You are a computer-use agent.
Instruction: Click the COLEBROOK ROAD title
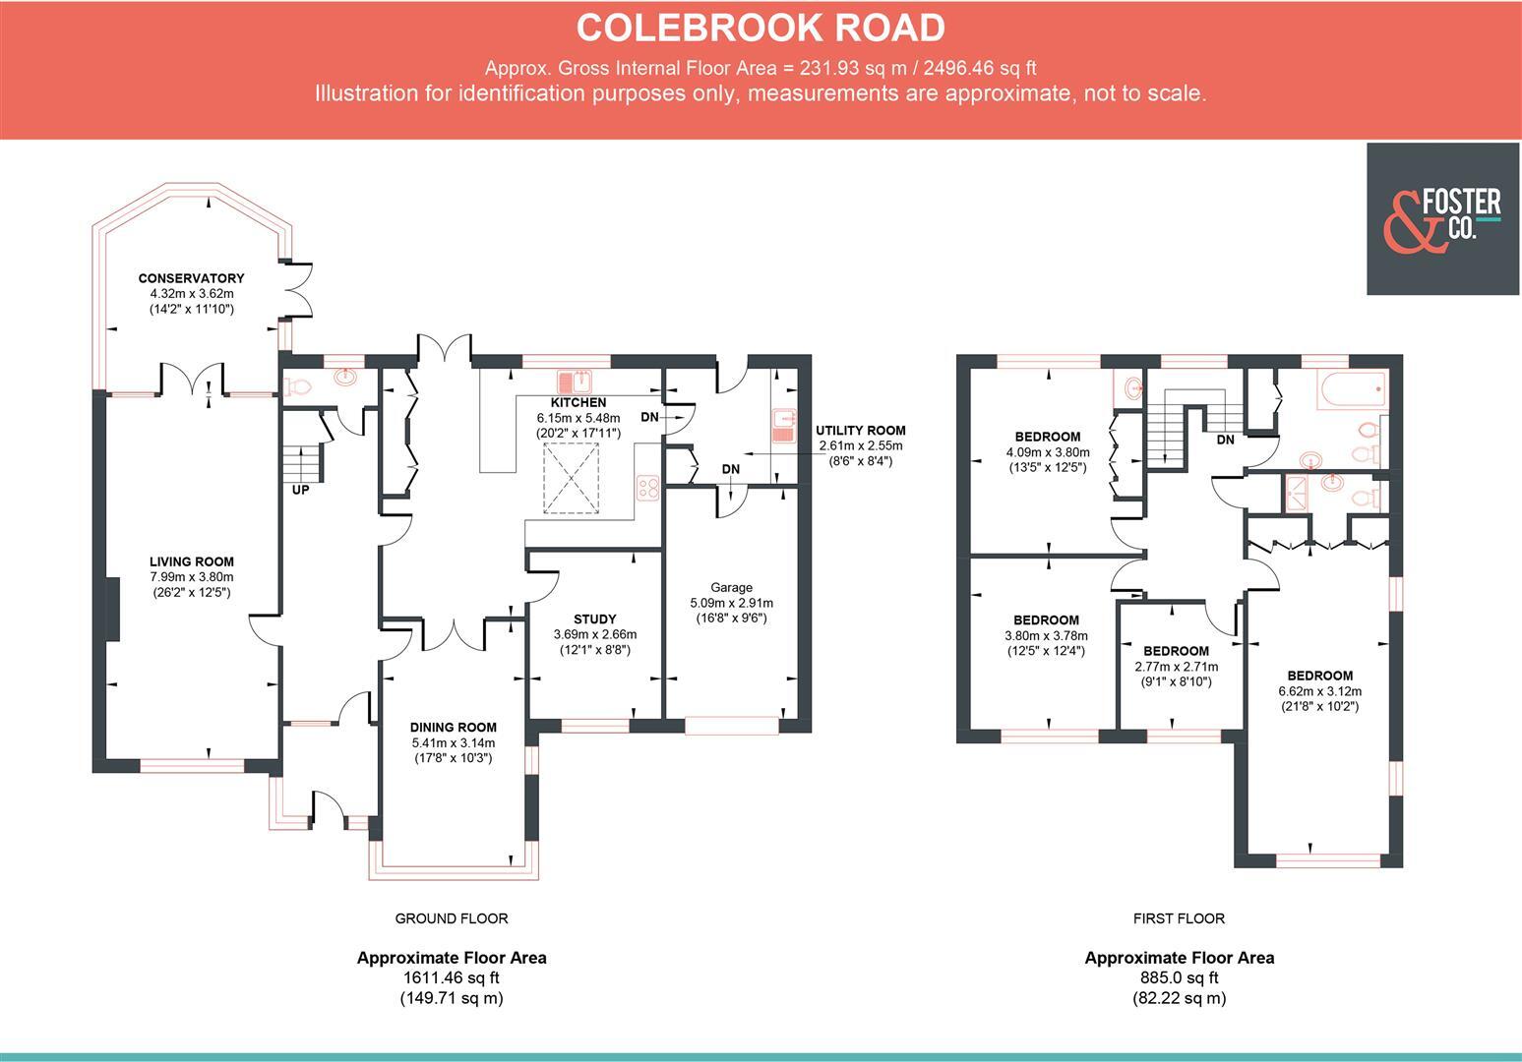760,28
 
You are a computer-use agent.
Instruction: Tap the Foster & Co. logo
1442,218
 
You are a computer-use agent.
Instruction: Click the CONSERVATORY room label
191,278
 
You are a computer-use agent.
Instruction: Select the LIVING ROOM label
192,561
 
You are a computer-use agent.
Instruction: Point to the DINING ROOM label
453,728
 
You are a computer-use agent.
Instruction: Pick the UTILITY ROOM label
860,430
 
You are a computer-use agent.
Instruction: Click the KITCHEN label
578,402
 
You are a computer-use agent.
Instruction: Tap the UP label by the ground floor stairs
300,489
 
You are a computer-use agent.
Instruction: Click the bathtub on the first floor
1353,390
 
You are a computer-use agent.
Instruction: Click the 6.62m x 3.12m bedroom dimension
1320,691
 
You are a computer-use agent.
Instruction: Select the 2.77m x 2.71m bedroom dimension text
1176,667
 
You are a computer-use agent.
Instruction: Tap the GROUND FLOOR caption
452,918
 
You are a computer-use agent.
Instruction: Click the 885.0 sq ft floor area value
1179,977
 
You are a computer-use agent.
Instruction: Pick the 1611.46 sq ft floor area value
452,977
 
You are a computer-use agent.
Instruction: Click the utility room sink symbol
783,426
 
